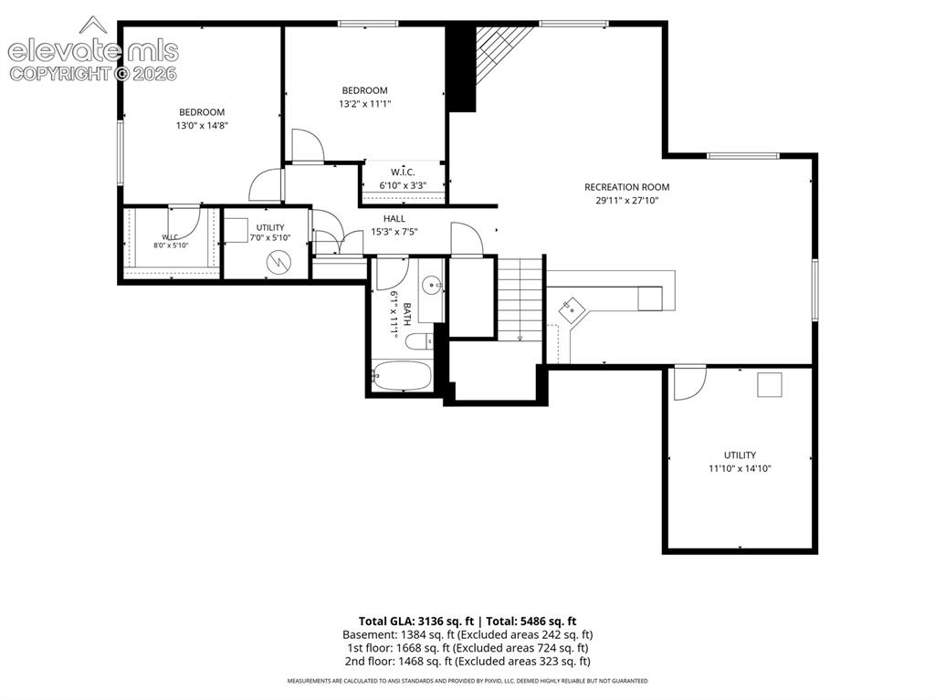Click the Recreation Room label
626,187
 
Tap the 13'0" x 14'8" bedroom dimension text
202,126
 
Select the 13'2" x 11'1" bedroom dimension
364,104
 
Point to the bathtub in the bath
401,376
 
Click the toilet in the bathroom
420,341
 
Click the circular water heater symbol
278,262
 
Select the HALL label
394,219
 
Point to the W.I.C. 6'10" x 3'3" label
403,179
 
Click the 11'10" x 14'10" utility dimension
740,469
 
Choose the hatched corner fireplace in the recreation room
498,51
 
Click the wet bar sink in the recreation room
573,310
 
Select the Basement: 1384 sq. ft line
467,634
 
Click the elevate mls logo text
93,51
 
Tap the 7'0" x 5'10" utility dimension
270,237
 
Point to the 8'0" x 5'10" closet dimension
171,246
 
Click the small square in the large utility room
769,384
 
